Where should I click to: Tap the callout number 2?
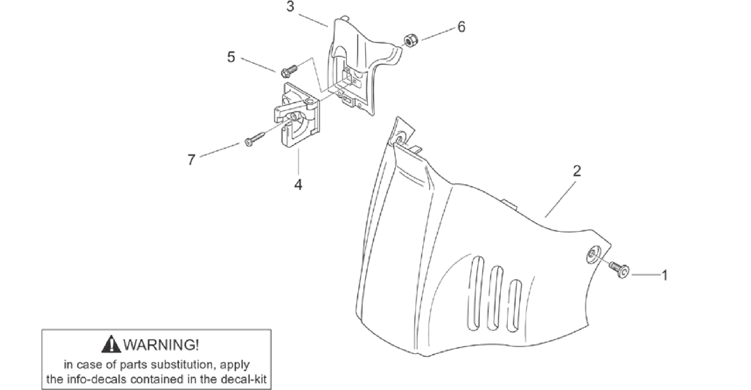[577, 171]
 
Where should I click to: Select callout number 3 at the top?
[290, 7]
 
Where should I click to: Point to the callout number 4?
[298, 184]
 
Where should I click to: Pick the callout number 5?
[231, 57]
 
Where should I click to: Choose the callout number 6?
[461, 26]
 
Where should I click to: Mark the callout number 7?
[191, 160]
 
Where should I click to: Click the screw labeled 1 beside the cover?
[619, 270]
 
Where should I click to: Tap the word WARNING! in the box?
[161, 344]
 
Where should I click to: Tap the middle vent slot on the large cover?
[495, 299]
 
